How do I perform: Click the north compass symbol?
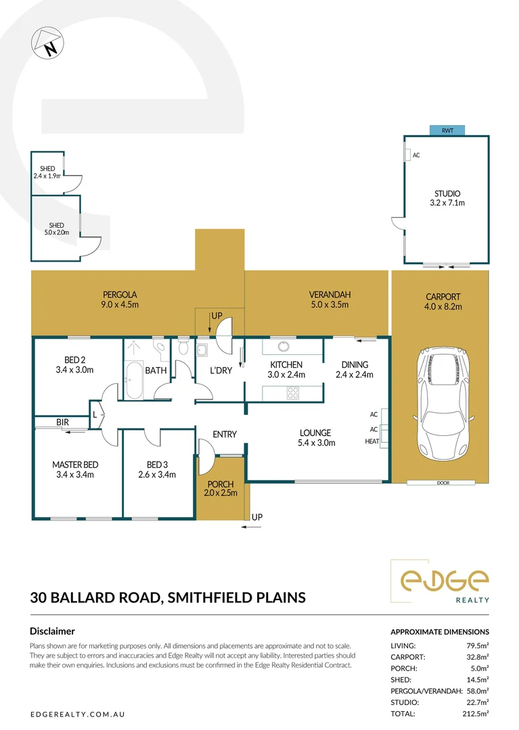[x=45, y=43]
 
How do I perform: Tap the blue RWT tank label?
[x=447, y=130]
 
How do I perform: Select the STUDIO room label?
[x=447, y=193]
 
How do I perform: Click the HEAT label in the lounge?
[x=372, y=441]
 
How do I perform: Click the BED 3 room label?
[x=157, y=464]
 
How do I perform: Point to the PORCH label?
[x=221, y=485]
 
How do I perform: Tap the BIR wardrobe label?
[x=63, y=422]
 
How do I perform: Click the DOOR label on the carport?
[x=443, y=483]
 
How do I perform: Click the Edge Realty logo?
[x=444, y=581]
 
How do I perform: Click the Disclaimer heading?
[x=52, y=631]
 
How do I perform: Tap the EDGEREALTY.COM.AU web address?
[x=78, y=714]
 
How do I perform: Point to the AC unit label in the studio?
[x=416, y=155]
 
